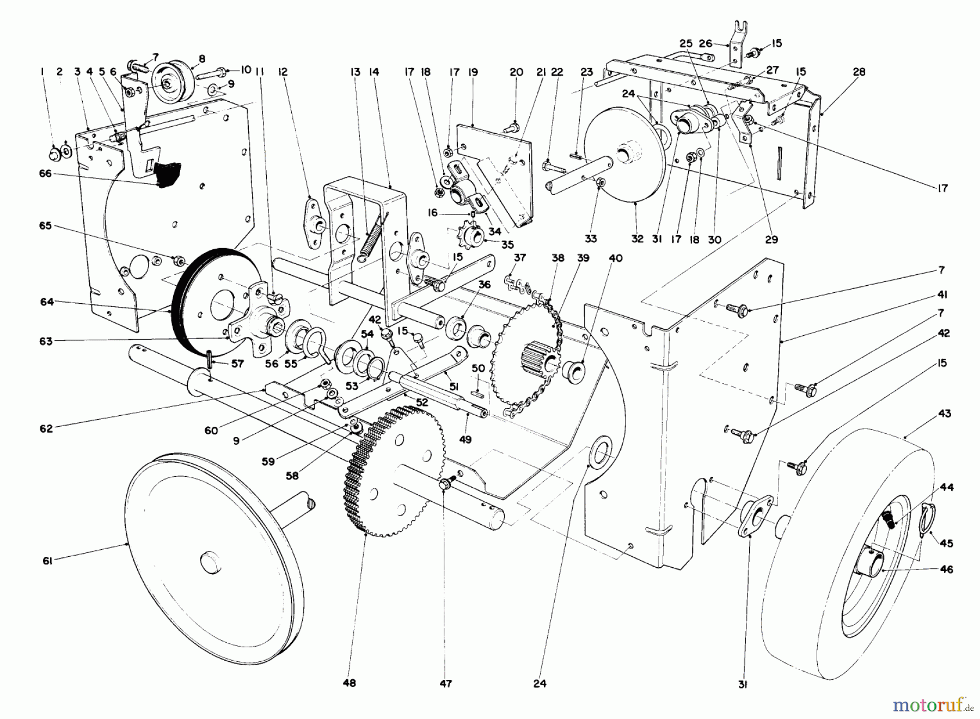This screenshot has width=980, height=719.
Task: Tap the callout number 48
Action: [350, 683]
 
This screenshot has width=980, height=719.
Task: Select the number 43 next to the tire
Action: [945, 414]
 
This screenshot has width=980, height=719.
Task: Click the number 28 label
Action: [859, 72]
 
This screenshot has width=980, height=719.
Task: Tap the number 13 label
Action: [356, 72]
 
